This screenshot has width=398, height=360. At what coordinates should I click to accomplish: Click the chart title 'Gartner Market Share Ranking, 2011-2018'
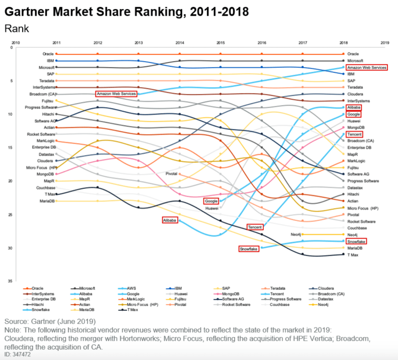click(126, 11)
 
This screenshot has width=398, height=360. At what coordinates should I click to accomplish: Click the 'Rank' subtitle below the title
click(17, 29)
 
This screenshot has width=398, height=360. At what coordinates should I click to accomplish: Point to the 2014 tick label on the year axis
click(179, 43)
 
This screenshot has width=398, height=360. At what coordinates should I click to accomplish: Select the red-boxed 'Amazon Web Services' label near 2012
click(116, 94)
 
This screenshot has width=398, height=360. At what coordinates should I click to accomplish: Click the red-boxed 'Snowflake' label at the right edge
click(356, 241)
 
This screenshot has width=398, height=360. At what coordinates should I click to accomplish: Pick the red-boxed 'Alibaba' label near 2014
click(170, 221)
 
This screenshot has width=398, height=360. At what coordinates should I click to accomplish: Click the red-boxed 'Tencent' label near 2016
click(255, 227)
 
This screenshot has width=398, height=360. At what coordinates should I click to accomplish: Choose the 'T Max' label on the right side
click(353, 254)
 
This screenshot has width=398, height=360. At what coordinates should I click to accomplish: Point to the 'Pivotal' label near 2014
click(172, 174)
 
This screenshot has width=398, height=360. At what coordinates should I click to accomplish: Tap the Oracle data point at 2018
click(343, 54)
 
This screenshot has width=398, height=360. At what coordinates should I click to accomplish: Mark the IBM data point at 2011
click(57, 61)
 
